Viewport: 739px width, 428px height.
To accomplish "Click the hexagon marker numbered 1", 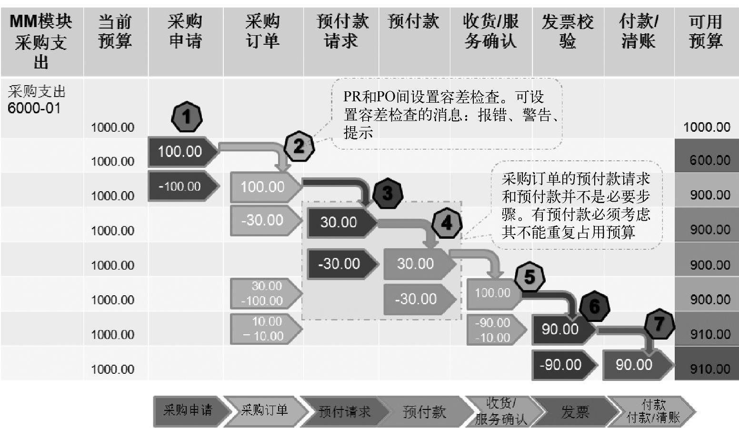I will (x=187, y=117).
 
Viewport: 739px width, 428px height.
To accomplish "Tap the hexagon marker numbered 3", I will (x=388, y=194).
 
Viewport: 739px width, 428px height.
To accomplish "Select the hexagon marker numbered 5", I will (x=529, y=277).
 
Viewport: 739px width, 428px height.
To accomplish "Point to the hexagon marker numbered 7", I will (x=659, y=324).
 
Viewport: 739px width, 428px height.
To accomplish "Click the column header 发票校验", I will (x=568, y=31).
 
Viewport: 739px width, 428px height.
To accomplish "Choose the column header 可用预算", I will (x=706, y=31).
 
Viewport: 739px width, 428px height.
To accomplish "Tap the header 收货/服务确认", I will (x=490, y=31).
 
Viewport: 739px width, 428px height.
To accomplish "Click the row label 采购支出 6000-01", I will (x=36, y=100).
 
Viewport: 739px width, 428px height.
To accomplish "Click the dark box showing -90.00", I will (x=560, y=365).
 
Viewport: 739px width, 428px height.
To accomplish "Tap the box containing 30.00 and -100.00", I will (x=265, y=293).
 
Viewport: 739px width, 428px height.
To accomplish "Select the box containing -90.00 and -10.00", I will (x=493, y=330).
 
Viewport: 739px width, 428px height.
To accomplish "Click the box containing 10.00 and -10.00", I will (x=265, y=329).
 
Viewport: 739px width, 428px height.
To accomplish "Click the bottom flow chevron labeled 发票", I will (x=575, y=411).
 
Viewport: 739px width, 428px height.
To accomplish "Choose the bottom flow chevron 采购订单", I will (x=264, y=410).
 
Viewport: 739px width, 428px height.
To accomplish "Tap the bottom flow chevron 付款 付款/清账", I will (x=653, y=411).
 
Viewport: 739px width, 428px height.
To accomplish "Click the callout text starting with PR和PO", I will (x=447, y=115).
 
